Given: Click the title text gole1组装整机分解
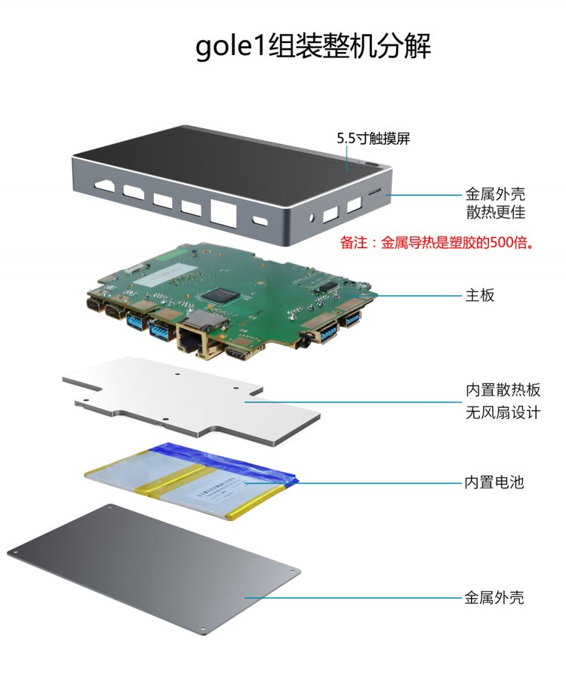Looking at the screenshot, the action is (313, 46).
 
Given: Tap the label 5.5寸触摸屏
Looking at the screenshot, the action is (374, 139).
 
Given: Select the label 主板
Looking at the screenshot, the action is (479, 296).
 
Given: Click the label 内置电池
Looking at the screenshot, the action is (494, 482).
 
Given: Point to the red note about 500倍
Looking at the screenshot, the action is (436, 243).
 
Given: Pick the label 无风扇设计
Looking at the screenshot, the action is (503, 413).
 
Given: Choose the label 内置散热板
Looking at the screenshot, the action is (503, 390).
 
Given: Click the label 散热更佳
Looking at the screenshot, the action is (496, 213).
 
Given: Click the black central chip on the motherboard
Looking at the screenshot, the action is (220, 296).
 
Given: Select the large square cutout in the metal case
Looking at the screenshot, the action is (223, 212).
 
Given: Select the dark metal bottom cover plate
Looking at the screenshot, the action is (153, 570).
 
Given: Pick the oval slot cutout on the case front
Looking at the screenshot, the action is (260, 220).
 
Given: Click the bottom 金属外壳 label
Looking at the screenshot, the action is (494, 598).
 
